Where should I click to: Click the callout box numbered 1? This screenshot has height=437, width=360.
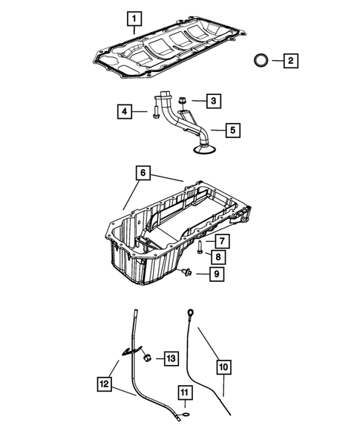tap(134, 17)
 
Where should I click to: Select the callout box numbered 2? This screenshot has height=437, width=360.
tap(290, 60)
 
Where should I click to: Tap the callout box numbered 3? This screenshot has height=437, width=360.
tap(213, 100)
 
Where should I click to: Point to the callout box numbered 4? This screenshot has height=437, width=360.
tap(124, 112)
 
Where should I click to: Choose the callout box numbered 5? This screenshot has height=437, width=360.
tap(232, 131)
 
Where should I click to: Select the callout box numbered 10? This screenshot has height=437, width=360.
tap(223, 365)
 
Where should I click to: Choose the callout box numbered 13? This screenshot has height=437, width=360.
tap(171, 358)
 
